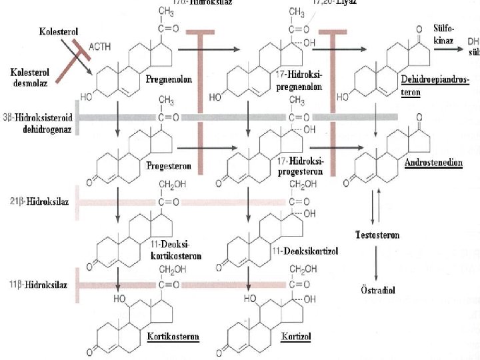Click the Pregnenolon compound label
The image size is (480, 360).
pyautogui.click(x=169, y=79)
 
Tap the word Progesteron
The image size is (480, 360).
pyautogui.click(x=169, y=166)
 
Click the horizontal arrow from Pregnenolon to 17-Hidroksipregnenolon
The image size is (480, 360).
pyautogui.click(x=213, y=49)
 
